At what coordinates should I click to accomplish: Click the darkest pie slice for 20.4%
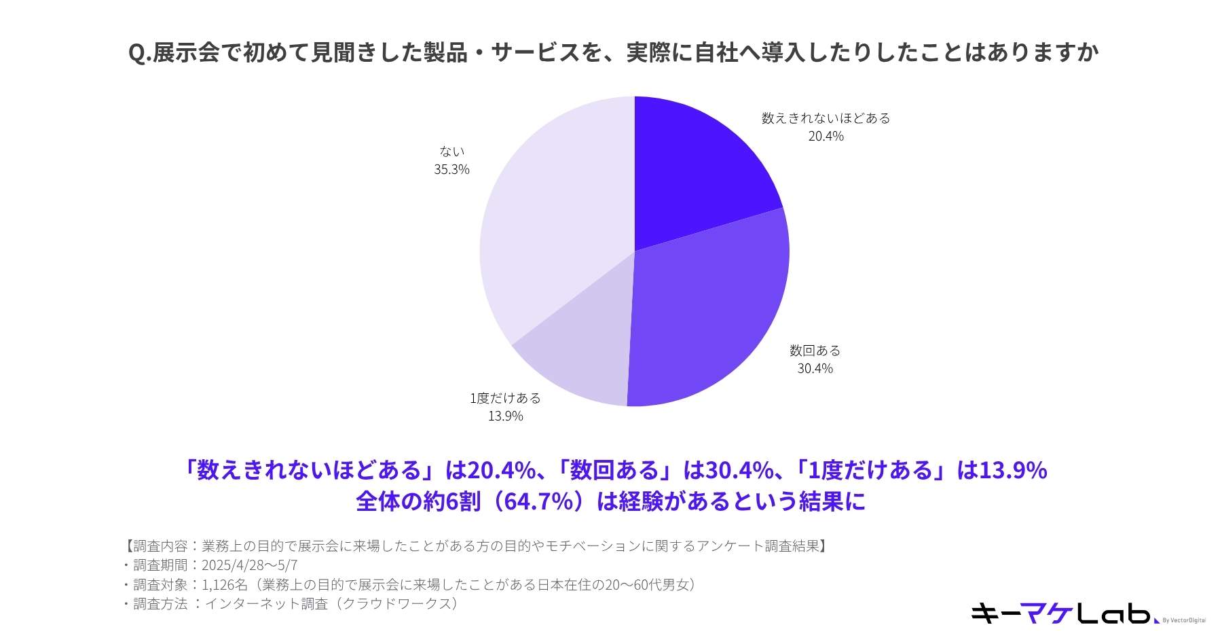(x=692, y=177)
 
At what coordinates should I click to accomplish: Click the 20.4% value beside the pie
(x=826, y=137)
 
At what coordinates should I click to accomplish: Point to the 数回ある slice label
(x=815, y=351)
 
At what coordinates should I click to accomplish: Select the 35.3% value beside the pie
(x=451, y=170)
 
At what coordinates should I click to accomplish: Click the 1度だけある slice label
(x=505, y=398)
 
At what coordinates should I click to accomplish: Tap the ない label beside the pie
(x=451, y=151)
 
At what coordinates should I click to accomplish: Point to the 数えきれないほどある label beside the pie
(x=826, y=118)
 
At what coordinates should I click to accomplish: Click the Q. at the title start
(x=139, y=53)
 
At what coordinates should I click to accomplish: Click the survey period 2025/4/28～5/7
(x=249, y=565)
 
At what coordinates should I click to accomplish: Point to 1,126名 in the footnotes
(x=225, y=584)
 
